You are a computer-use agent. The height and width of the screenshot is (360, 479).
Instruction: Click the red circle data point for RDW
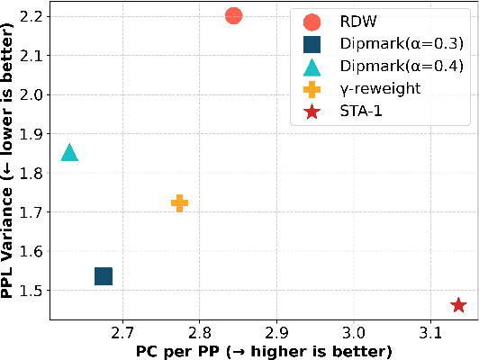pos(233,15)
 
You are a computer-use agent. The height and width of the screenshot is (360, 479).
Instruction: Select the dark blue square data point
pos(104,276)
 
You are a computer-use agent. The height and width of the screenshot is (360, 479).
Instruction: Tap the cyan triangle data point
pos(69,153)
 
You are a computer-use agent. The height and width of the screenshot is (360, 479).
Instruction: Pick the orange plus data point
pos(179,203)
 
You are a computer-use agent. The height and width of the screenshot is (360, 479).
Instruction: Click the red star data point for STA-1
pos(458,306)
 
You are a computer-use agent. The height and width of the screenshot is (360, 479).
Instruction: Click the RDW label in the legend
pos(358,22)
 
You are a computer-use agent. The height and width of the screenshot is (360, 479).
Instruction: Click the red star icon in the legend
pos(312,112)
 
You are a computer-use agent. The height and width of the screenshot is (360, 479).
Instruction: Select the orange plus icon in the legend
pos(312,89)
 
